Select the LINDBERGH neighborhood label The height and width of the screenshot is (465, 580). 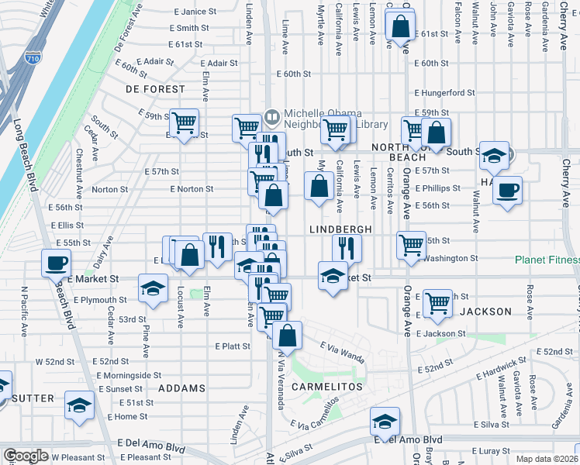click(x=340, y=229)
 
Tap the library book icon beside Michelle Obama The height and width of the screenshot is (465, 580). click(x=271, y=118)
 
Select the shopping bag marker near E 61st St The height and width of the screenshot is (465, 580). click(x=400, y=26)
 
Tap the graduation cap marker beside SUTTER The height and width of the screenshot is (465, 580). click(x=78, y=405)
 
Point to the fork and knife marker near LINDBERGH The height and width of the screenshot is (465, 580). click(x=347, y=247)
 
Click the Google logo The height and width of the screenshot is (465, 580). click(x=26, y=456)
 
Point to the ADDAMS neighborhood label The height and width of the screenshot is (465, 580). click(x=183, y=387)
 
